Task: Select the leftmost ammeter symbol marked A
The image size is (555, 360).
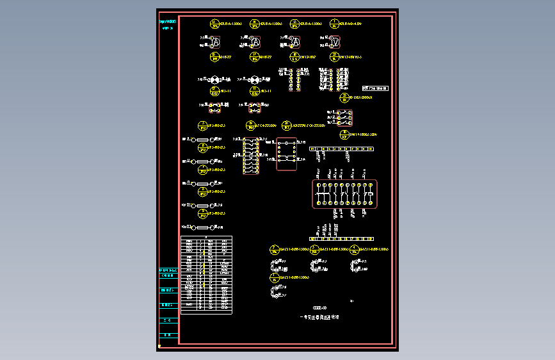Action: click(216, 42)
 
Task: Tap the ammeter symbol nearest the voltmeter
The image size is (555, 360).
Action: click(294, 42)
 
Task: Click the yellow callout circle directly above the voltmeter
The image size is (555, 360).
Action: click(334, 24)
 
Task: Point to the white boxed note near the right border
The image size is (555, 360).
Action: click(375, 88)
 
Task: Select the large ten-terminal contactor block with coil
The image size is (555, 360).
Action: click(344, 193)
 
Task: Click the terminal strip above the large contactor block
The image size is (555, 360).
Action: click(341, 149)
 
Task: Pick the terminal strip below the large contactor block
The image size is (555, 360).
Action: click(341, 239)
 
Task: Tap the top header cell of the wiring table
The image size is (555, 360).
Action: click(206, 237)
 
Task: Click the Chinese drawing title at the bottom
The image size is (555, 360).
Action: click(319, 316)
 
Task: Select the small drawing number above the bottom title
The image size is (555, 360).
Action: click(319, 307)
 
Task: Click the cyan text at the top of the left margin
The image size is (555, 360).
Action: click(168, 22)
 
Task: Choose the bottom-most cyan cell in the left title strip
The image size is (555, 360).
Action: click(168, 335)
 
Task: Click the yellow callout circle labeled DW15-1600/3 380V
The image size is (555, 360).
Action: click(344, 135)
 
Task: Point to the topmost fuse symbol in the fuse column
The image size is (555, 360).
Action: click(203, 139)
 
